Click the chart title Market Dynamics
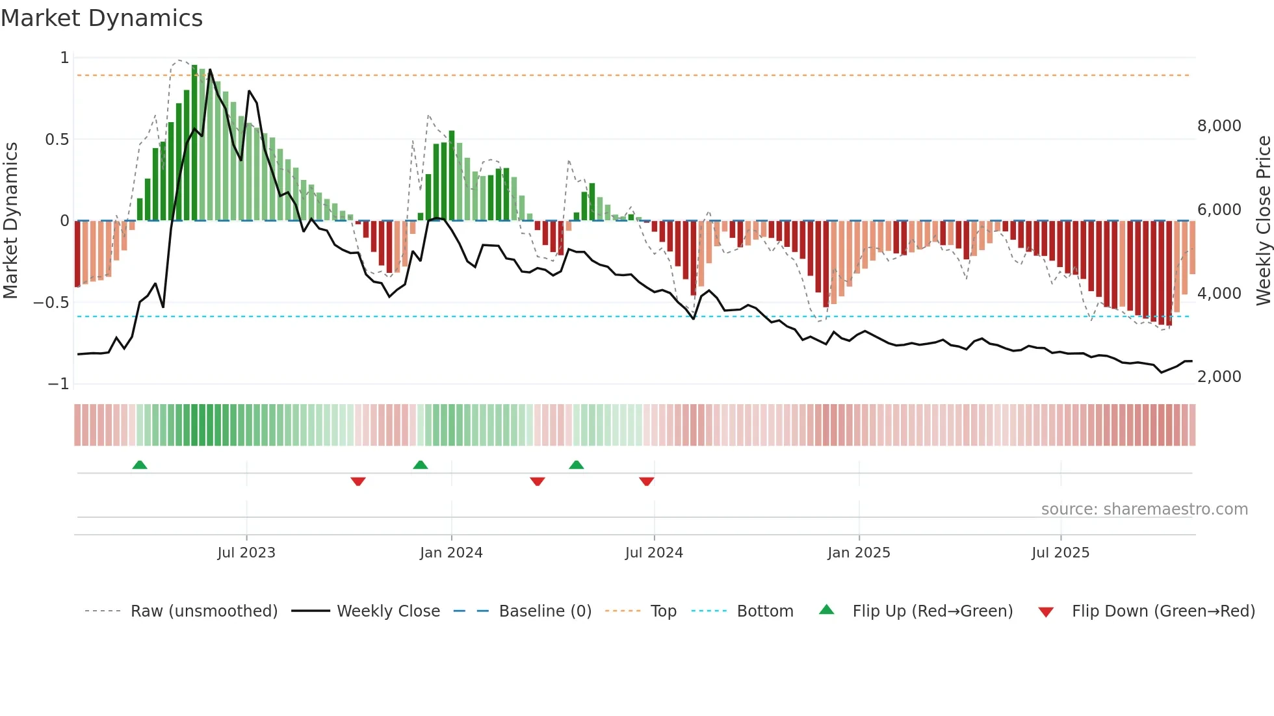[x=101, y=18]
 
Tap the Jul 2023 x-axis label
[x=246, y=553]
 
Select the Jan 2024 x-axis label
[x=451, y=553]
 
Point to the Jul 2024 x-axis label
[x=654, y=553]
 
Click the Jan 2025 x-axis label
[x=859, y=553]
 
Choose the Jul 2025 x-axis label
[x=1060, y=553]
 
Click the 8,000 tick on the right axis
[x=1219, y=126]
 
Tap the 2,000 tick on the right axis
[x=1219, y=377]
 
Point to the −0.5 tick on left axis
[x=51, y=303]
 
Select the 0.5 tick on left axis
[x=57, y=140]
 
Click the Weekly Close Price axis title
[x=1263, y=221]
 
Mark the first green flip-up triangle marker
[x=140, y=465]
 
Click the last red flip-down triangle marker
[x=646, y=481]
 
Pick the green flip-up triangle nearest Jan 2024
[x=421, y=465]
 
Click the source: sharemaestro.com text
[x=1144, y=509]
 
